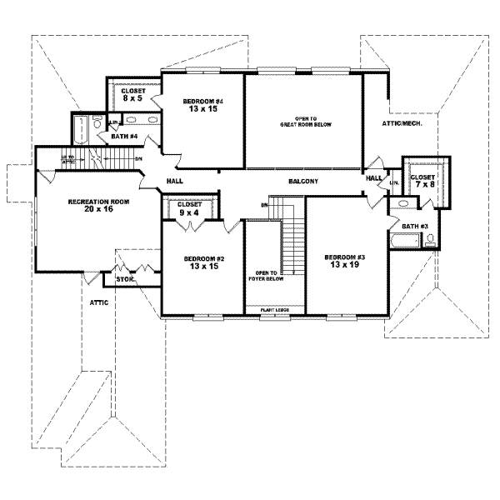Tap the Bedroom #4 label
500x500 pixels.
(202, 100)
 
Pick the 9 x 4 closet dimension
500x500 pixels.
(189, 212)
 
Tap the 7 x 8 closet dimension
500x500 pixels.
(423, 185)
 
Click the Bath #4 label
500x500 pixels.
(124, 136)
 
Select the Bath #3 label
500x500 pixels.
(414, 226)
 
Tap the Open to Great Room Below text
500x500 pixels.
(305, 122)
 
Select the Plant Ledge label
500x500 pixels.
(273, 309)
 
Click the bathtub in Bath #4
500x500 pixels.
(81, 130)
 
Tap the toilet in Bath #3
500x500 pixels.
(430, 241)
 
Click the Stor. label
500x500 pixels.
(125, 280)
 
